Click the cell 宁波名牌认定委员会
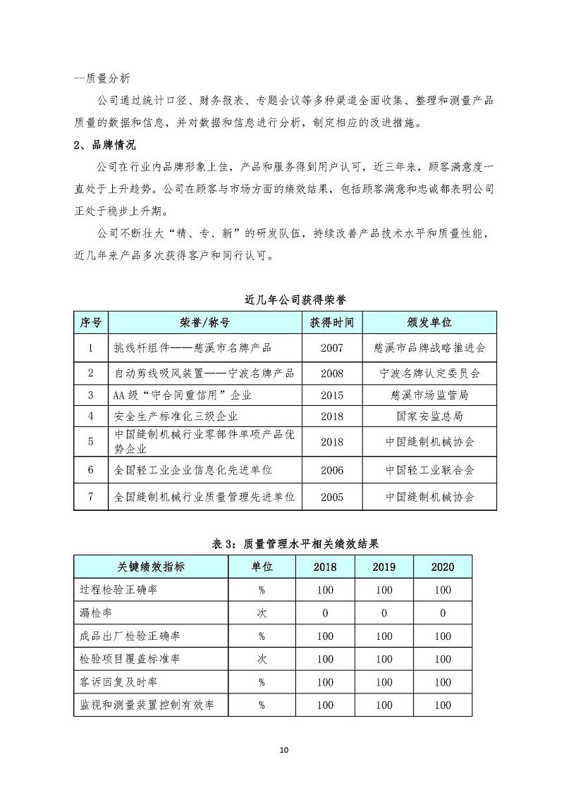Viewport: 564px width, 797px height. pyautogui.click(x=429, y=373)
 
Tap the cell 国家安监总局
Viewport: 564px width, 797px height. pyautogui.click(x=429, y=416)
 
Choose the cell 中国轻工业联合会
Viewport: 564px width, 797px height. pyautogui.click(x=429, y=469)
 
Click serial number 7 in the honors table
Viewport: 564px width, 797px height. pyautogui.click(x=90, y=497)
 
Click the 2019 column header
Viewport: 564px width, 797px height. pyautogui.click(x=384, y=567)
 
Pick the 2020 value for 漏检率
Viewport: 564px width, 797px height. pyautogui.click(x=443, y=613)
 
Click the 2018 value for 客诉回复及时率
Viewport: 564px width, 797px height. pyautogui.click(x=326, y=682)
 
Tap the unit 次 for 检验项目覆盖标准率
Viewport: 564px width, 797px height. pyautogui.click(x=262, y=660)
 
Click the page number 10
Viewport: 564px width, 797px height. pyautogui.click(x=283, y=749)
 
